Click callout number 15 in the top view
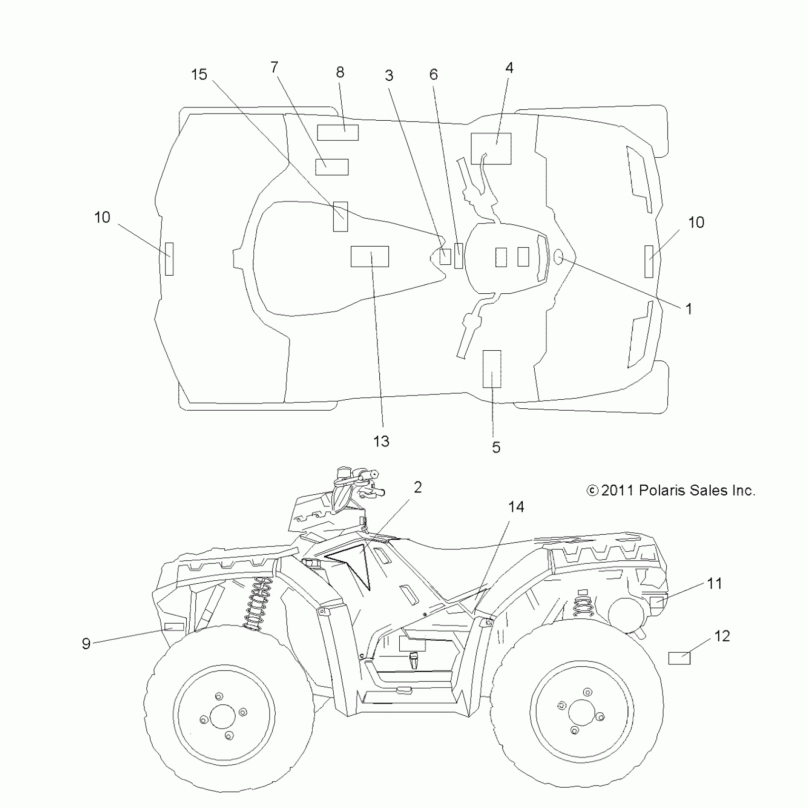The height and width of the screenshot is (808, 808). point(199,75)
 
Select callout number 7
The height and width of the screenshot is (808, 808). point(274,67)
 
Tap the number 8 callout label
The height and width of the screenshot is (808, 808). point(340,72)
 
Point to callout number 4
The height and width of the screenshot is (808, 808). point(509,67)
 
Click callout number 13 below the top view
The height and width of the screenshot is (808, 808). point(381,442)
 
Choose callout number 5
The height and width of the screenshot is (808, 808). point(496,447)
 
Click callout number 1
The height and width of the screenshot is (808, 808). point(689,309)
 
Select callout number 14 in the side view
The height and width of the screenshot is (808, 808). point(516,507)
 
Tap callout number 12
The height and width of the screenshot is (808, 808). point(721,636)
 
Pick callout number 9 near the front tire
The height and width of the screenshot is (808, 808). point(86,644)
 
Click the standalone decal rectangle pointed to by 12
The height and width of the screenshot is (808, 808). point(679,658)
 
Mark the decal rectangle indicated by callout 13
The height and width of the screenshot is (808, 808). point(369,256)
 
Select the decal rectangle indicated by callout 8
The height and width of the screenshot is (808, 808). point(337,133)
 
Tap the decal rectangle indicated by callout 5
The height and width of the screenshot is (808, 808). point(492,369)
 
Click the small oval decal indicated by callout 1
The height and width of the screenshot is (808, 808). point(558,257)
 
